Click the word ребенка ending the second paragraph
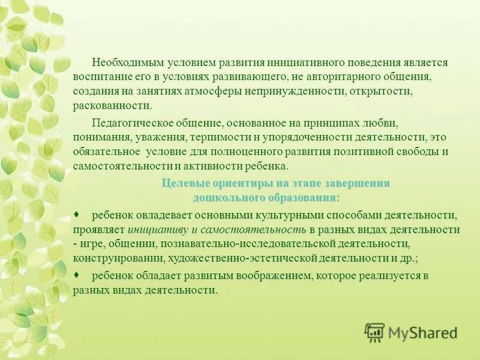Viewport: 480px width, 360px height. point(270,166)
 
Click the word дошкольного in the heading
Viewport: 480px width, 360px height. point(226,197)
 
